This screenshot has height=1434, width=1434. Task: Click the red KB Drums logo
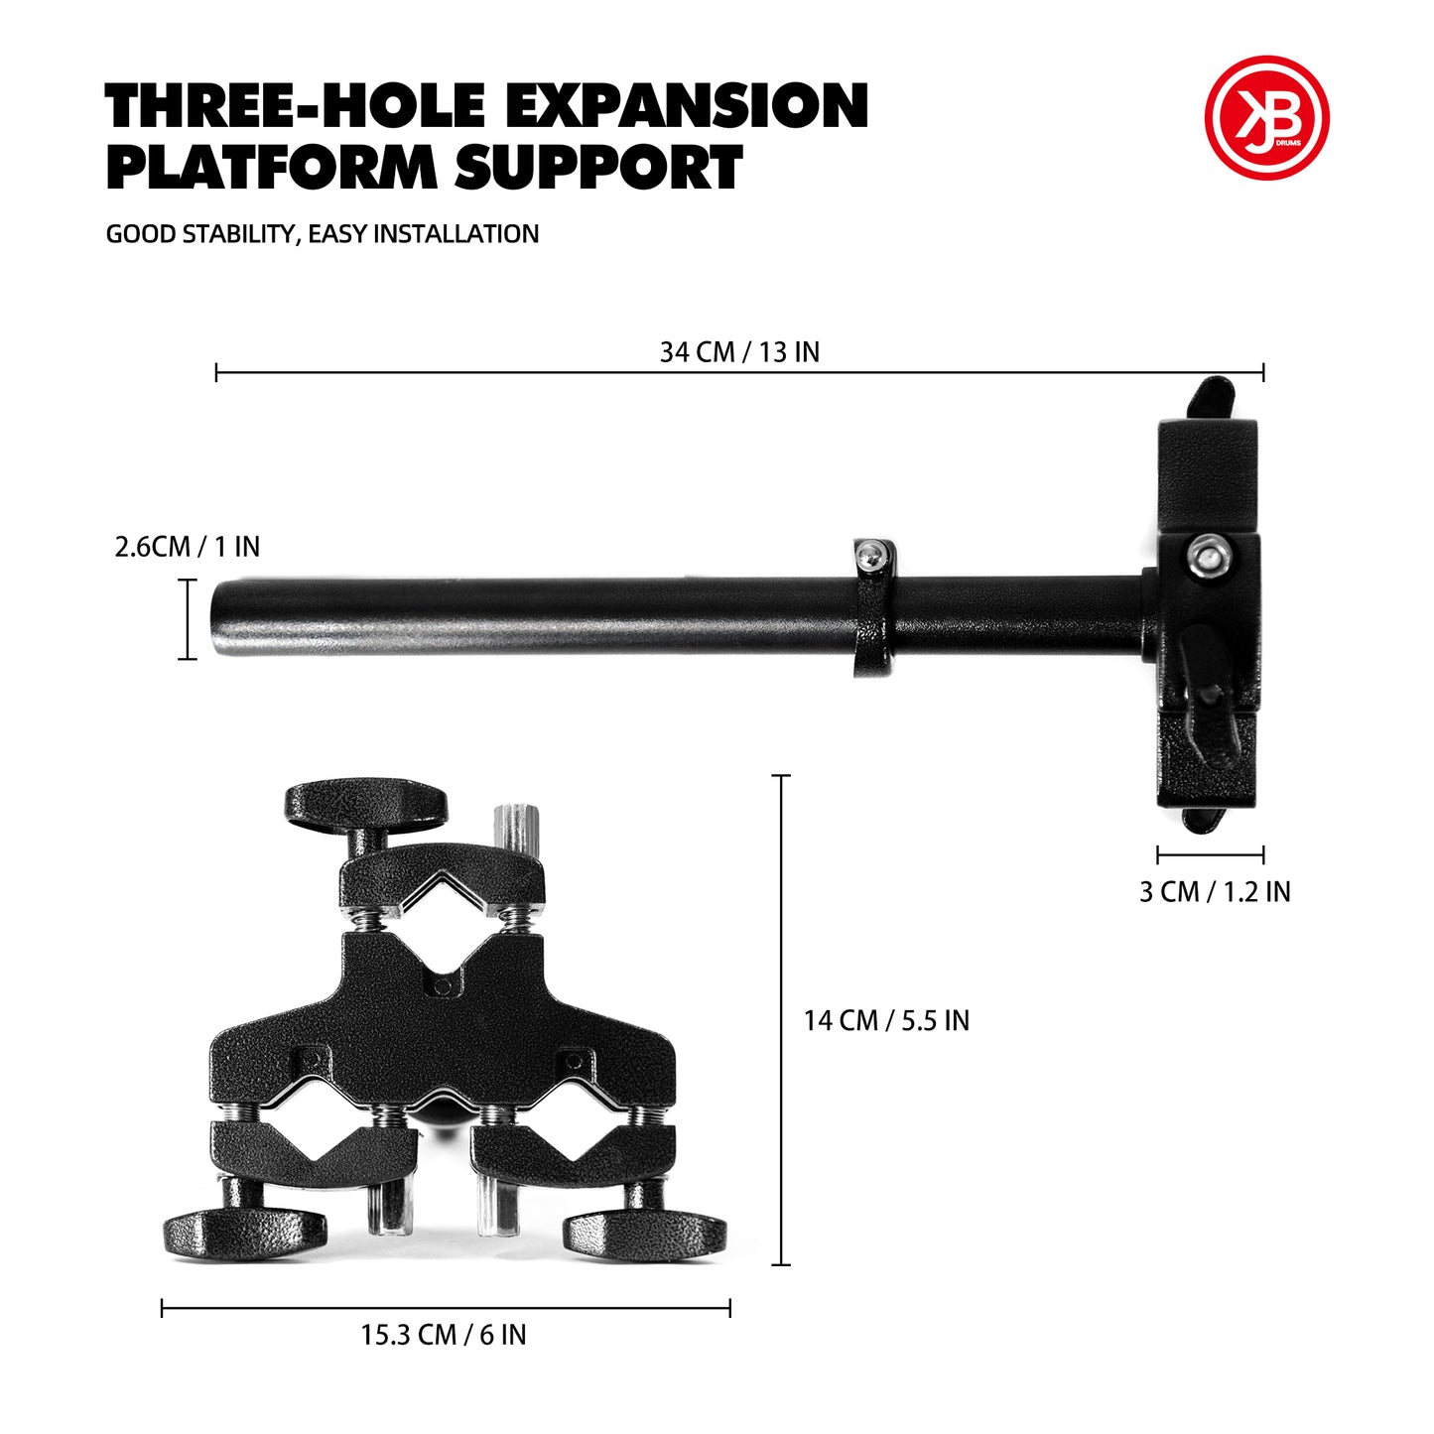[1266, 117]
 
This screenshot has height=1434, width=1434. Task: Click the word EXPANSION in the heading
[687, 105]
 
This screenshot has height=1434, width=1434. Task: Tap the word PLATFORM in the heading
[272, 167]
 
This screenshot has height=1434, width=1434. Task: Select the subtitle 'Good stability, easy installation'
[323, 233]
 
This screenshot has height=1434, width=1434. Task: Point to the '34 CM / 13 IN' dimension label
[739, 352]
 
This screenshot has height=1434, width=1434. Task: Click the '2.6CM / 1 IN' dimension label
[188, 547]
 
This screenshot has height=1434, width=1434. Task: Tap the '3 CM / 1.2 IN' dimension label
[1215, 891]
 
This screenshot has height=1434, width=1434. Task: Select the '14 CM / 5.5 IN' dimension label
[886, 1020]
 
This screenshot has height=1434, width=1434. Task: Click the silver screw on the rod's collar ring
[869, 554]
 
